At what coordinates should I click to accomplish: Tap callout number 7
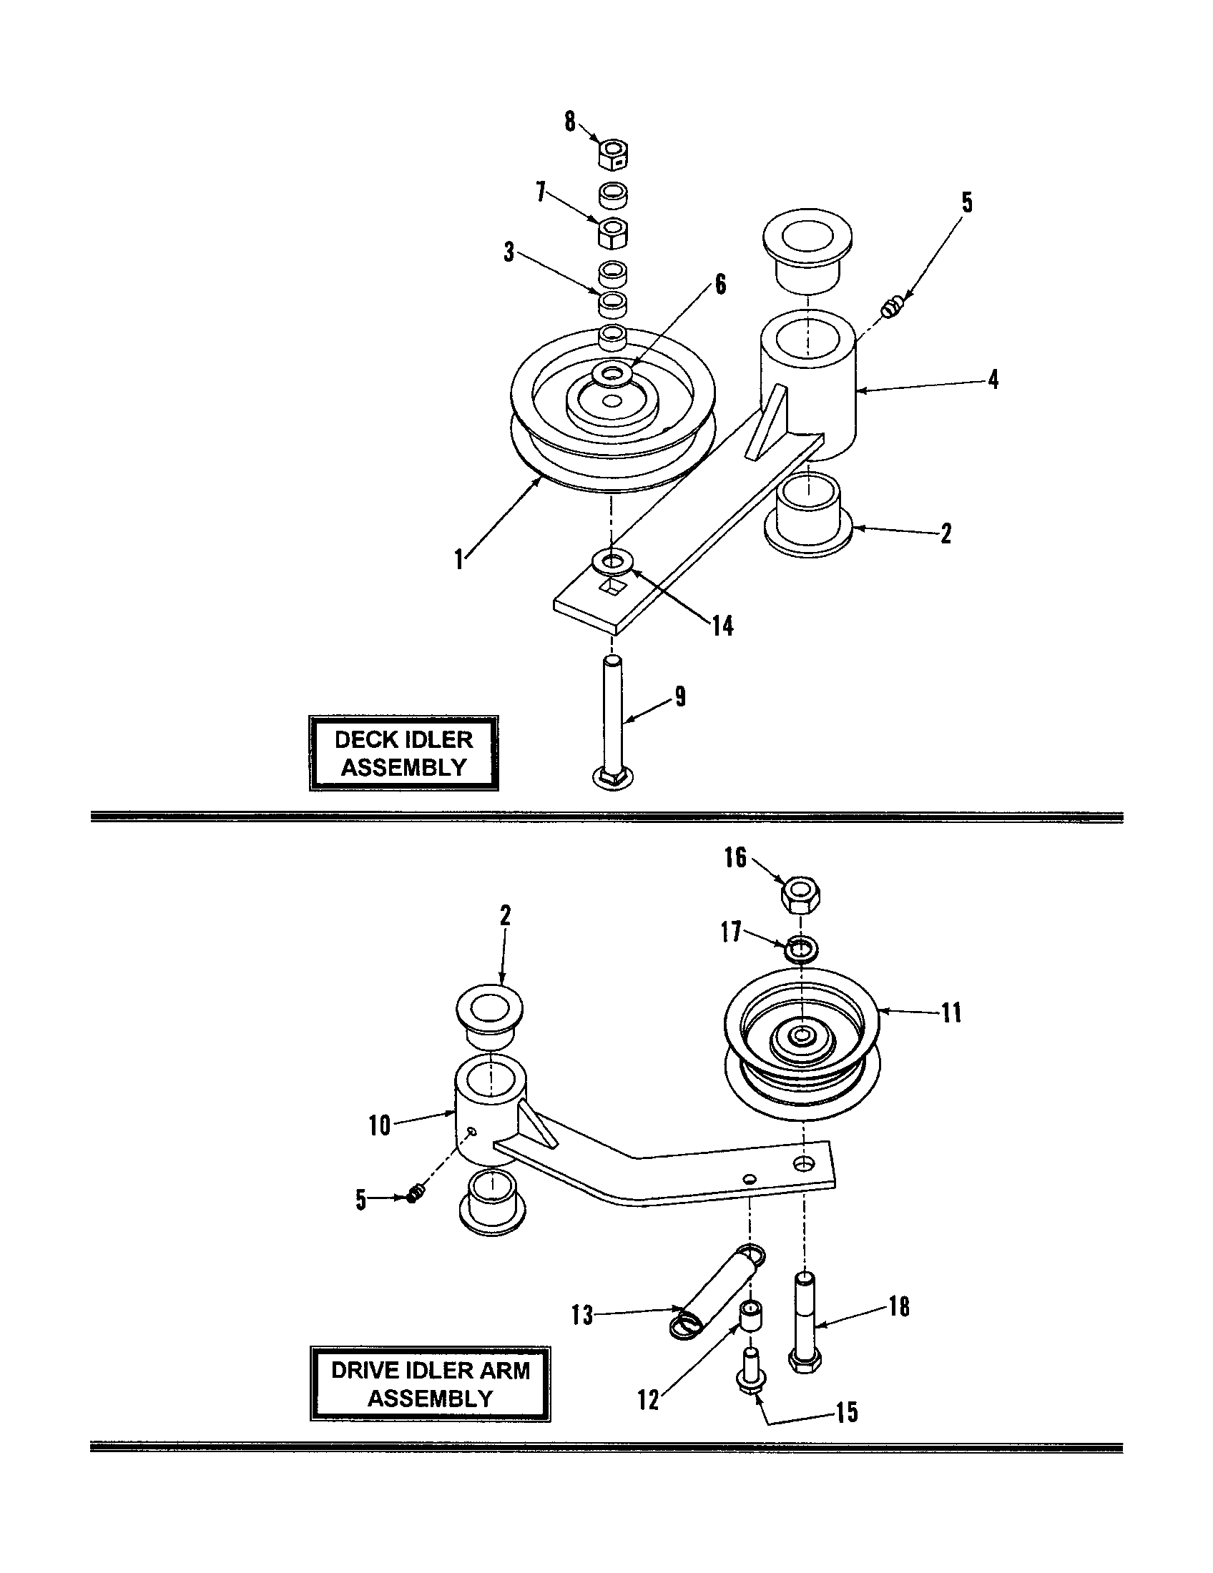pos(541,192)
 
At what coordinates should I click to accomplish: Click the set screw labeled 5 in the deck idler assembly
pos(891,310)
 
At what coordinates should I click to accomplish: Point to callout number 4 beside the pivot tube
pos(993,380)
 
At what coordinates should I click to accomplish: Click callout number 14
pos(722,626)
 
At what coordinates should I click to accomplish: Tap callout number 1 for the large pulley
pos(459,559)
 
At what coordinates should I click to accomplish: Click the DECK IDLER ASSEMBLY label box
pos(403,754)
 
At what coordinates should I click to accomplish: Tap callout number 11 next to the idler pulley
pos(951,1013)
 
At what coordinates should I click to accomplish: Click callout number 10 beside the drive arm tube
pos(379,1125)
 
